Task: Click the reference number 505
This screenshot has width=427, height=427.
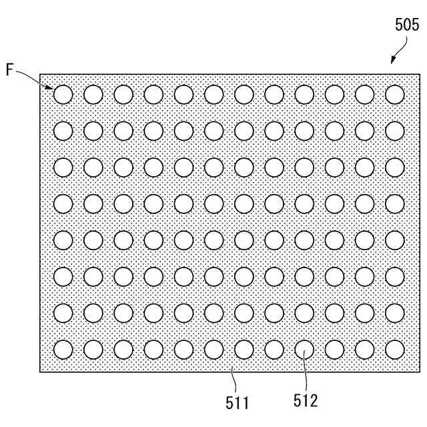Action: (406, 26)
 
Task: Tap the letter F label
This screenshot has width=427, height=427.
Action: (11, 69)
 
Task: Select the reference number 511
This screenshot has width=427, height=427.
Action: (237, 402)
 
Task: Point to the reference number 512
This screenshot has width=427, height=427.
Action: (305, 400)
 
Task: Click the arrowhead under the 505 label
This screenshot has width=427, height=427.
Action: (393, 61)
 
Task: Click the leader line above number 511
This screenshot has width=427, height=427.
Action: (234, 383)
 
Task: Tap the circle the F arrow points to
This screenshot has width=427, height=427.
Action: (63, 95)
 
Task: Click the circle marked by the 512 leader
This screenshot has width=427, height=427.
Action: (304, 349)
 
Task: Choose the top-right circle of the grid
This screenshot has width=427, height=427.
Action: (395, 95)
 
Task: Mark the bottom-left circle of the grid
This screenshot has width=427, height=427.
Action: (63, 349)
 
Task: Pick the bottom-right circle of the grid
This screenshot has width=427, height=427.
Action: (395, 349)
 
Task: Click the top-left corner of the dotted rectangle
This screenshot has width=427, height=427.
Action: (40, 74)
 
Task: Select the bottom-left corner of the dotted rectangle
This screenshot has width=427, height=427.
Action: (40, 372)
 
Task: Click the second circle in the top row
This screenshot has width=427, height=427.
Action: (93, 95)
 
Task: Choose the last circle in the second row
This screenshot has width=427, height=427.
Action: (395, 131)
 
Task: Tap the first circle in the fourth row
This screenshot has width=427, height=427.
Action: (63, 203)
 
